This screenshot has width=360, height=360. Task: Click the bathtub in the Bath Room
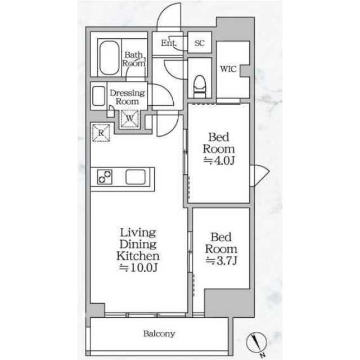click(109, 58)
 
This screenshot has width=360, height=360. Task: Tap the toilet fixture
click(200, 87)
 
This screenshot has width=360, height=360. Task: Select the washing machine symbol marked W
click(130, 119)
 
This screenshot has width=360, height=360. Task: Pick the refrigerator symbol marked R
click(101, 133)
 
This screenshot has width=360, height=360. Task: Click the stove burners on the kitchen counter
click(105, 177)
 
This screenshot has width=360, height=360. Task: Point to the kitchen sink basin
click(136, 177)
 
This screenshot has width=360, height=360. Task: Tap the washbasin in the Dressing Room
click(99, 96)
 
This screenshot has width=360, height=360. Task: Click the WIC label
click(228, 69)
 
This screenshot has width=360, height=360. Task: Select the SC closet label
click(199, 43)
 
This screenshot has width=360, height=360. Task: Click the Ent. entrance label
click(169, 43)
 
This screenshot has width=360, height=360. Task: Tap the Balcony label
click(159, 334)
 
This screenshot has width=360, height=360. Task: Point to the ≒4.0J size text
click(219, 160)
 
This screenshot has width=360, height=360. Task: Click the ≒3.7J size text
click(221, 260)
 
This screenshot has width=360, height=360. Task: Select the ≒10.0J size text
click(138, 268)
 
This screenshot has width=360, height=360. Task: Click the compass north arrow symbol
click(256, 341)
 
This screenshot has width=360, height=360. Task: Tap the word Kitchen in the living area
click(138, 256)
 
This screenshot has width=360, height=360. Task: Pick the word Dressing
click(127, 93)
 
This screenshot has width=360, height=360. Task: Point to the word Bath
click(134, 55)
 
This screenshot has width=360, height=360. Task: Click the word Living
click(138, 233)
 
